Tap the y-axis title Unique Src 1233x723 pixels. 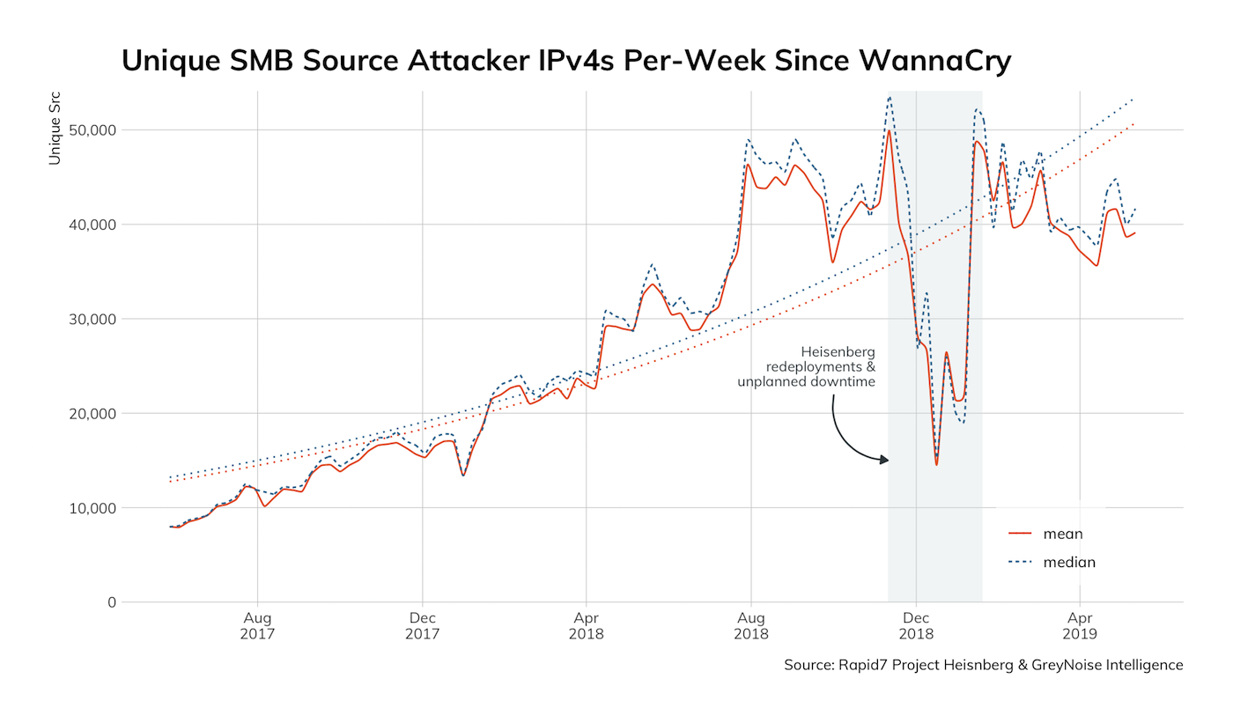click(x=55, y=128)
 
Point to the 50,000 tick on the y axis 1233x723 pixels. click(x=87, y=130)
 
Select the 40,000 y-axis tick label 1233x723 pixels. click(x=87, y=225)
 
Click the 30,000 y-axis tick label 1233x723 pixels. click(x=87, y=319)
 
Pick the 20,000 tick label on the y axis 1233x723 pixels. click(x=87, y=413)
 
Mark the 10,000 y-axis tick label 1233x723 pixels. click(x=87, y=508)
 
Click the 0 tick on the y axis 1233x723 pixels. click(x=112, y=602)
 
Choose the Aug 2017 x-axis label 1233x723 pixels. click(x=257, y=626)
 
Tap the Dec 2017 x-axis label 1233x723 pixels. click(x=423, y=626)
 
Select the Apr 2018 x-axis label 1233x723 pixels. click(x=586, y=626)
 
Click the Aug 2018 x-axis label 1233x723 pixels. click(x=751, y=626)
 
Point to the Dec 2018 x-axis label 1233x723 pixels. click(x=916, y=626)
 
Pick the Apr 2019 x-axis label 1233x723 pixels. click(x=1080, y=626)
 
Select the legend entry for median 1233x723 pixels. click(x=1069, y=562)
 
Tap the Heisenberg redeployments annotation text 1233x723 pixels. click(x=807, y=366)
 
